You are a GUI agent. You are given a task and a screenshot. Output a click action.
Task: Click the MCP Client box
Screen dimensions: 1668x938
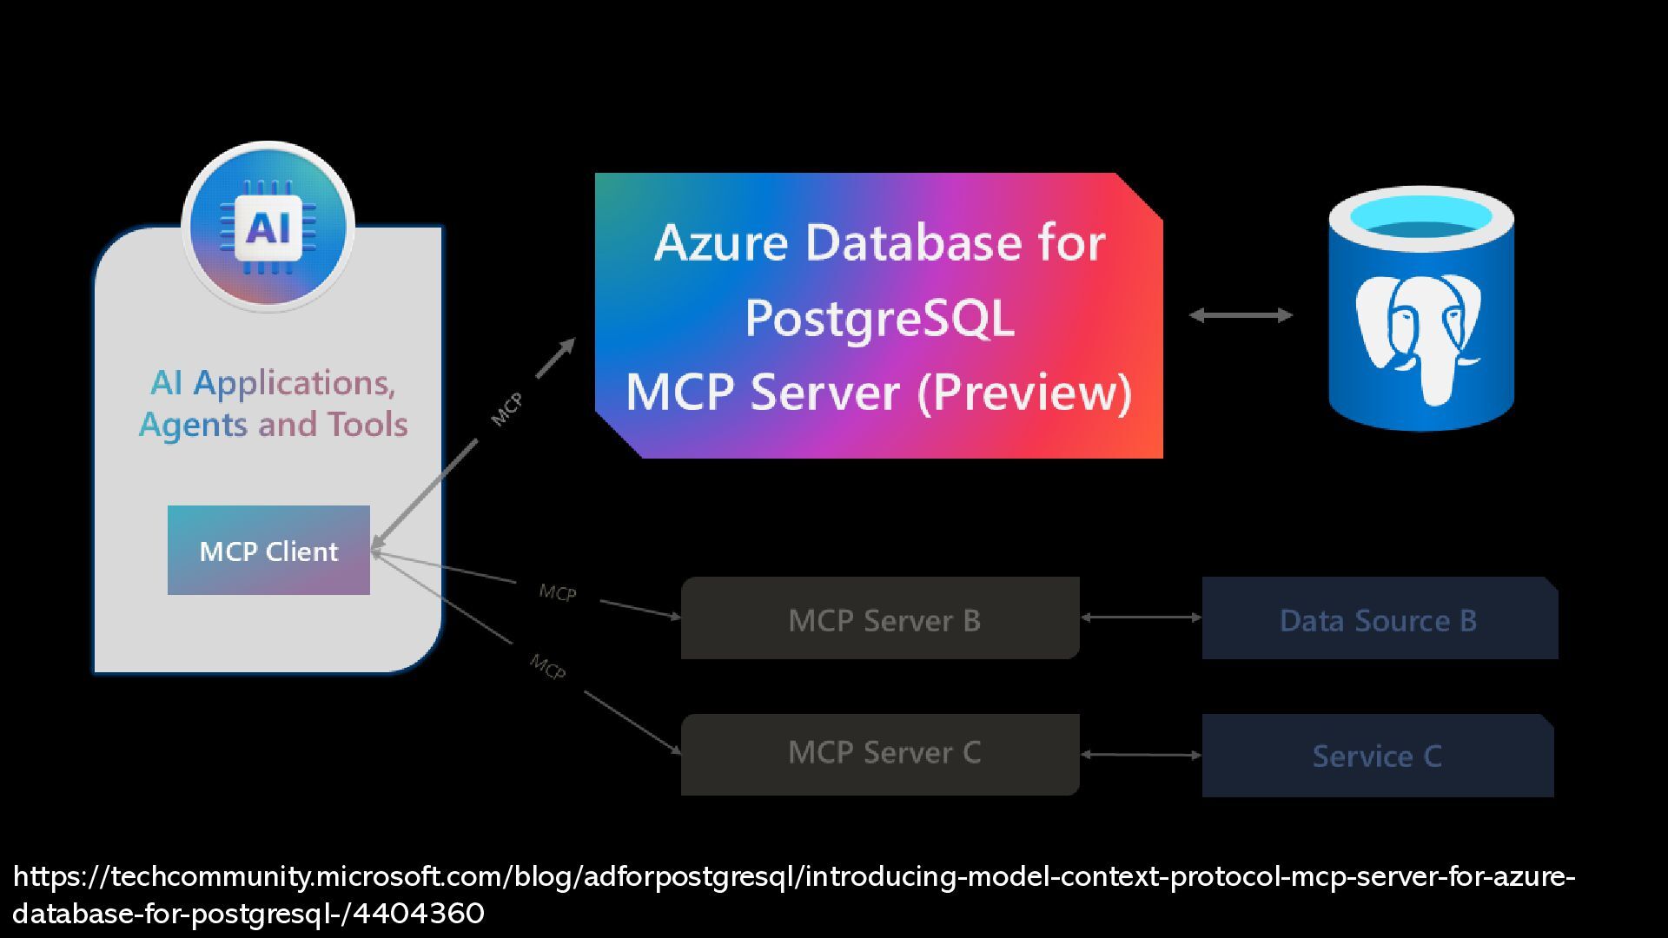tap(268, 550)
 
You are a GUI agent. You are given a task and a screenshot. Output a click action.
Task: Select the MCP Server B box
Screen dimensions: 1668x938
tap(880, 618)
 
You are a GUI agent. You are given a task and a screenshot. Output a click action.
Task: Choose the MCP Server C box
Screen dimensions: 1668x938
tap(880, 755)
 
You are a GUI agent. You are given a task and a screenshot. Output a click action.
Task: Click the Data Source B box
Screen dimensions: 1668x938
tap(1380, 618)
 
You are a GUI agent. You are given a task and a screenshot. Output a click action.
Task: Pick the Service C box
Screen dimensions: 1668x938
tap(1378, 756)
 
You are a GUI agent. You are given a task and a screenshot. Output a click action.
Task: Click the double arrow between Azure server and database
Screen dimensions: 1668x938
tap(1241, 315)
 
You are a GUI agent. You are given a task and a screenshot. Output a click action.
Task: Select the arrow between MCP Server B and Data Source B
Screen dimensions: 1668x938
tap(1141, 618)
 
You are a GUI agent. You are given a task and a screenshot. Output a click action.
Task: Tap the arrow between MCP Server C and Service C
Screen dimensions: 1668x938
tap(1141, 755)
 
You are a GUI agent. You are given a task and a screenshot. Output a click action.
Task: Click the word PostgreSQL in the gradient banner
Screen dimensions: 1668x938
tap(879, 319)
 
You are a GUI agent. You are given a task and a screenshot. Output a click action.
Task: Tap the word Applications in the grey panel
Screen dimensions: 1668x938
tap(295, 383)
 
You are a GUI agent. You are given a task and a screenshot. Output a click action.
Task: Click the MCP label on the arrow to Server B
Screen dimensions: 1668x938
tap(557, 593)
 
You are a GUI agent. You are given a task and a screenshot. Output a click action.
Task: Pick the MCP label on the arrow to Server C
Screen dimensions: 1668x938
tap(548, 666)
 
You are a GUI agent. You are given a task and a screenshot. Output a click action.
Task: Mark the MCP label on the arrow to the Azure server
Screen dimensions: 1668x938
tap(506, 409)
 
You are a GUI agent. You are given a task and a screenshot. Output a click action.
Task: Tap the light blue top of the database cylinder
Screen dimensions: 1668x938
tap(1421, 214)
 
